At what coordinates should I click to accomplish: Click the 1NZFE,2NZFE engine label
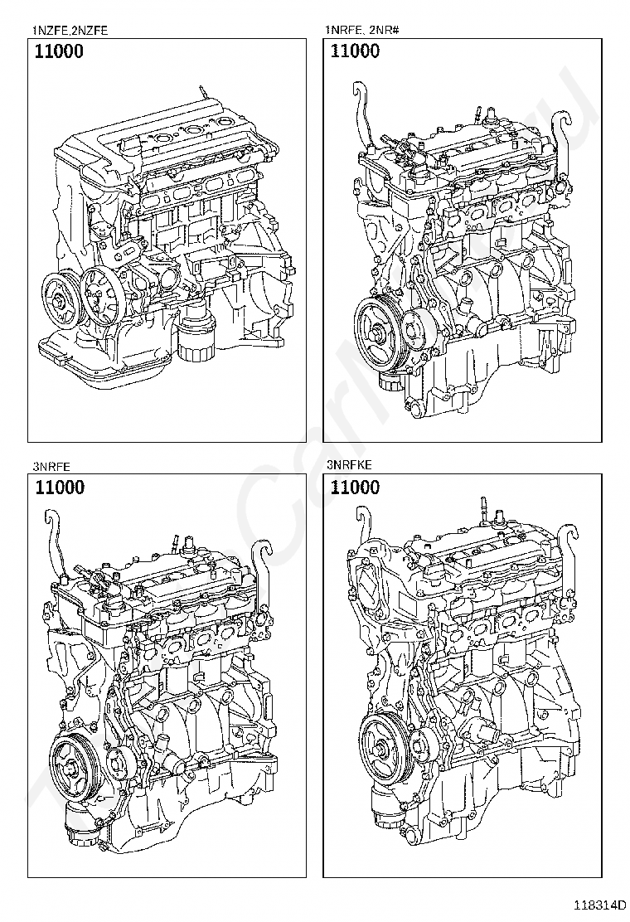(x=70, y=32)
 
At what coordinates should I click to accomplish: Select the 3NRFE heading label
(x=51, y=467)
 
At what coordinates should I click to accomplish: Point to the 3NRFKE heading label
(x=351, y=467)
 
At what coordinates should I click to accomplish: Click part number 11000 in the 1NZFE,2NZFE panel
(x=59, y=52)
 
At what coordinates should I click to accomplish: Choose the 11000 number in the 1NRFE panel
(x=355, y=52)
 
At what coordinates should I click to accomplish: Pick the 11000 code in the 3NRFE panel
(x=59, y=488)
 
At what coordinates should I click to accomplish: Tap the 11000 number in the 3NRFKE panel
(x=355, y=488)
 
